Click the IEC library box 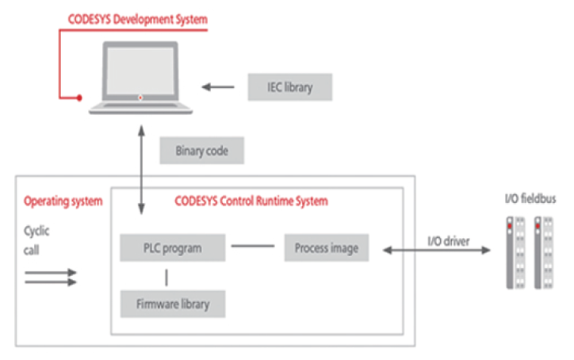[289, 86]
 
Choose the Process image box [326, 248]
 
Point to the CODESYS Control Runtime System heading [251, 201]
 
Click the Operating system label [63, 201]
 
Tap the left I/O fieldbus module [515, 254]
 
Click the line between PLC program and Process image [247, 248]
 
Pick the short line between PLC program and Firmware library [166, 277]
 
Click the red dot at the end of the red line [79, 98]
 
